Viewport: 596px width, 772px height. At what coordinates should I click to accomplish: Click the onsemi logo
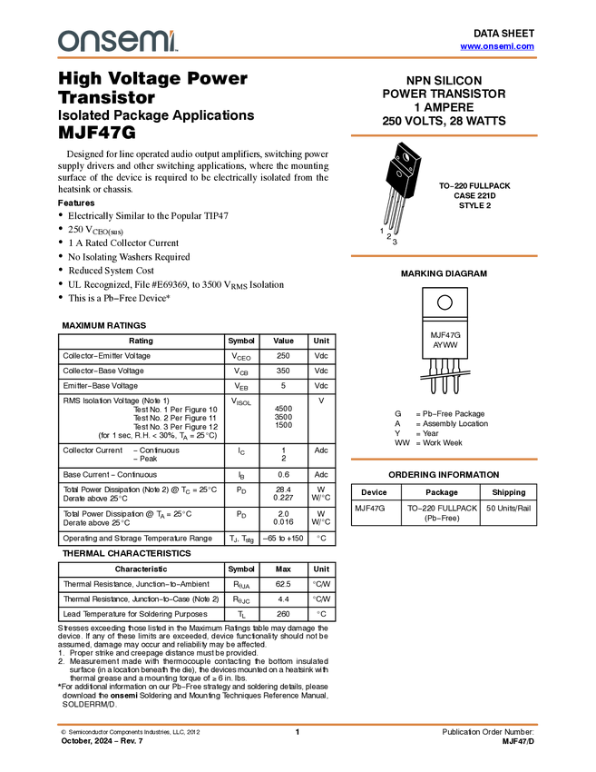pos(118,41)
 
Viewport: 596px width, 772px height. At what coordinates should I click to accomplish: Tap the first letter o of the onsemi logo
pos(66,41)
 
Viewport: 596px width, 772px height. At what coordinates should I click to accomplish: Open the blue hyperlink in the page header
pos(497,46)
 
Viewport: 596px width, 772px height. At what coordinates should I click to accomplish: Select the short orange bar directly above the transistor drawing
pos(444,135)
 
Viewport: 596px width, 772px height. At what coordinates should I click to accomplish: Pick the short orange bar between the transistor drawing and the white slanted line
pos(444,256)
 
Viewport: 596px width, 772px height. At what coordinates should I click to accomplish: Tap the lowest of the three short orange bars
pos(444,460)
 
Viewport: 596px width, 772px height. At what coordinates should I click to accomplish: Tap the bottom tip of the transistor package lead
pos(405,197)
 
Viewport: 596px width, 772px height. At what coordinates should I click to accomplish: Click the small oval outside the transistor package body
pos(398,173)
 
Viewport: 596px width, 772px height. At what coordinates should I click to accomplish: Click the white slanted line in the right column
pos(445,374)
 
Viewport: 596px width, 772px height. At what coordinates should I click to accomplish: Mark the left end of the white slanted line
pos(419,378)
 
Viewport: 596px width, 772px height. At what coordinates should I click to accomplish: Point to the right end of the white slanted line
pos(471,371)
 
